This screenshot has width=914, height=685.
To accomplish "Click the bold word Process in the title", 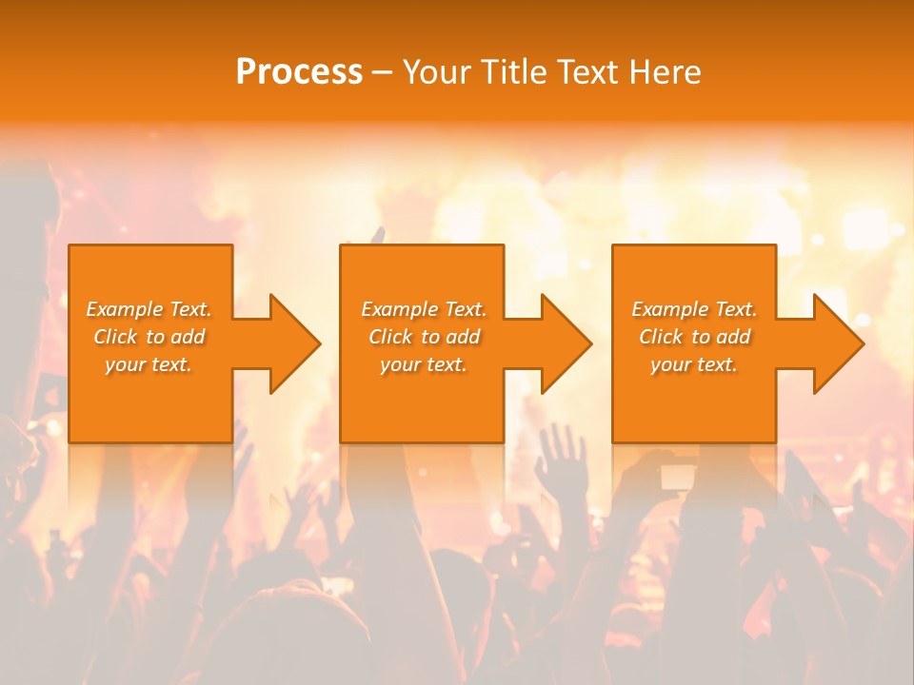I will click(x=299, y=72).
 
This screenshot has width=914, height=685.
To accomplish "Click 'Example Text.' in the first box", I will click(x=149, y=309).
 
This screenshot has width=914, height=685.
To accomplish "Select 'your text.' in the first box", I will click(x=149, y=364).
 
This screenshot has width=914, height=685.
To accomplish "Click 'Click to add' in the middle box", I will click(x=424, y=337).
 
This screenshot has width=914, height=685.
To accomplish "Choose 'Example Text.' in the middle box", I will click(x=424, y=309).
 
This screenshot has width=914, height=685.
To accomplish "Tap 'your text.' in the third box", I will click(x=694, y=364).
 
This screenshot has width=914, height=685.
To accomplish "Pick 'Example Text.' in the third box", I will click(x=694, y=309).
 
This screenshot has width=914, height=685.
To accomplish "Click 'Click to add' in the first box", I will click(x=149, y=337).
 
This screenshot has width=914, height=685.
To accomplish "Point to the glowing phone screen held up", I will click(x=678, y=476).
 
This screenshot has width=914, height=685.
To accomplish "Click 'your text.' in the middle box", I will click(x=424, y=364).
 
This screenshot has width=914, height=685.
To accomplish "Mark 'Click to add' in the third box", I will click(x=694, y=337).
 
